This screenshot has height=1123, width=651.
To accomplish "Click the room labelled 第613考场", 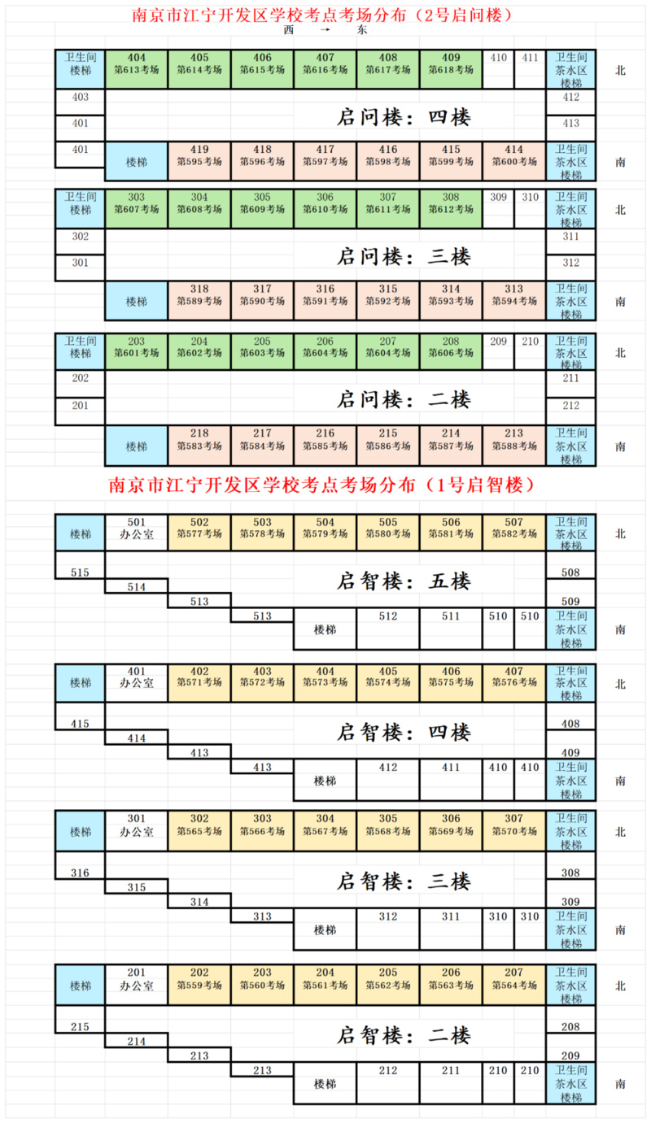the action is [x=137, y=69].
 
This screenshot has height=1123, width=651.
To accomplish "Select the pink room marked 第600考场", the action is [x=513, y=161].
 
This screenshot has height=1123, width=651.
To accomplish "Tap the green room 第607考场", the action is [x=137, y=208].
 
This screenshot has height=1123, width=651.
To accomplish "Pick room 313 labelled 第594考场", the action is [x=513, y=300].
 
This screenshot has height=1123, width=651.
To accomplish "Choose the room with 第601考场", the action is [x=137, y=352].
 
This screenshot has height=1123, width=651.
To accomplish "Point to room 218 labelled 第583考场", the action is [x=199, y=445].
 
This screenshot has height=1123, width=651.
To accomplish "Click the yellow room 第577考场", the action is [x=199, y=533].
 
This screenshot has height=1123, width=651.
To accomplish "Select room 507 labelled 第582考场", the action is [x=513, y=533].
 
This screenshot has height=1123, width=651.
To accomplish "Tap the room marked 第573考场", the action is [x=325, y=683].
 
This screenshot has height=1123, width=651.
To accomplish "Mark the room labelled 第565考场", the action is [x=199, y=831].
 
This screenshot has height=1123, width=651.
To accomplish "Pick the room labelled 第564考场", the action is [x=513, y=985].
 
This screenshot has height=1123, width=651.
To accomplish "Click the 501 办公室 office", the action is [x=137, y=533].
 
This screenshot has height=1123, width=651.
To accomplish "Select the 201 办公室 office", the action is [x=137, y=985].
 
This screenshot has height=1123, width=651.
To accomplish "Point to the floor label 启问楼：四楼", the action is [x=404, y=117].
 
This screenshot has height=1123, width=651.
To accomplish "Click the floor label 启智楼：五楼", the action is [x=404, y=581].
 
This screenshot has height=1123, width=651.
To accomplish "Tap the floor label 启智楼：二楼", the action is [x=404, y=1035].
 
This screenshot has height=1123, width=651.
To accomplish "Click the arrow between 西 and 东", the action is [x=325, y=30].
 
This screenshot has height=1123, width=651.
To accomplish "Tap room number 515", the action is [x=80, y=572].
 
